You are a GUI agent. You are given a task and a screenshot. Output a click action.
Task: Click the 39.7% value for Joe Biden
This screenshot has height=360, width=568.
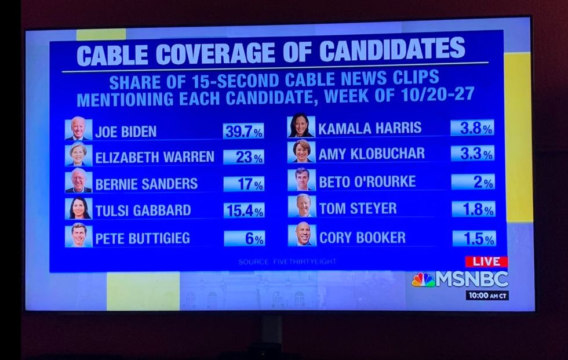[243, 131]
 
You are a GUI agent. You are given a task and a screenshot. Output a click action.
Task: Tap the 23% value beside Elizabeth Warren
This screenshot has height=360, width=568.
[243, 157]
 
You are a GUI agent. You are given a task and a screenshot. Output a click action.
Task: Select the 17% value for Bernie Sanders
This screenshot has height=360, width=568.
[243, 184]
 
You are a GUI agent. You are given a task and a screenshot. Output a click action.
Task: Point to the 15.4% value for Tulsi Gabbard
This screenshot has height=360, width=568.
[243, 210]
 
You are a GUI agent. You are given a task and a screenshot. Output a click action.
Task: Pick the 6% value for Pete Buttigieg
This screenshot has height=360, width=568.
[244, 238]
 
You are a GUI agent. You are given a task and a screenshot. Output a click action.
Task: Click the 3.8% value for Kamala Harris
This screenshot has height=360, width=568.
[472, 128]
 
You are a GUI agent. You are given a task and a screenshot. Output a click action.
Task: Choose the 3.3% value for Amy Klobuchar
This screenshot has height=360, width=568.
[472, 154]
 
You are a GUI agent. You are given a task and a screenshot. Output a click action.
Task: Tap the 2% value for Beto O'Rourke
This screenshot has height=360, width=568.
[472, 182]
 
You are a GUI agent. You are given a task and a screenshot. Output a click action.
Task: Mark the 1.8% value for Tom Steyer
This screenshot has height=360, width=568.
[473, 209]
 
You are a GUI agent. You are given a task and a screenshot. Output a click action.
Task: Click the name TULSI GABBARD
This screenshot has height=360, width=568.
[143, 210]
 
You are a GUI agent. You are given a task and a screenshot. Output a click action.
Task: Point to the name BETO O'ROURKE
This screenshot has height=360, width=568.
[367, 181]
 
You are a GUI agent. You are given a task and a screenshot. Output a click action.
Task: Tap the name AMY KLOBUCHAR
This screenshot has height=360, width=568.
[372, 154]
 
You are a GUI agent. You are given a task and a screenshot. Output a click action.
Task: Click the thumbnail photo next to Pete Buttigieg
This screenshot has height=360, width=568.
[78, 236]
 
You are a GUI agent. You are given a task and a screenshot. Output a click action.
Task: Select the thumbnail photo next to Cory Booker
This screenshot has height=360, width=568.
[301, 235]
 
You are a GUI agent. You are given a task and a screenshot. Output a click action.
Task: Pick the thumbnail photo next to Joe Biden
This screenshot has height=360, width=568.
[78, 129]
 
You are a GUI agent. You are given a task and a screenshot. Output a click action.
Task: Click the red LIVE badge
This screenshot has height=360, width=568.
[486, 261]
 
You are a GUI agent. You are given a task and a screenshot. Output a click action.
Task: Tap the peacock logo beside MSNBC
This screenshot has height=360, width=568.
[423, 279]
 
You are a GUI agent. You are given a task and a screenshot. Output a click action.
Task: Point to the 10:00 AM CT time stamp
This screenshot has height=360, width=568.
[487, 295]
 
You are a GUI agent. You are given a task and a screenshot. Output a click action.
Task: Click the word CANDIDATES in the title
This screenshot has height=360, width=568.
[392, 51]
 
